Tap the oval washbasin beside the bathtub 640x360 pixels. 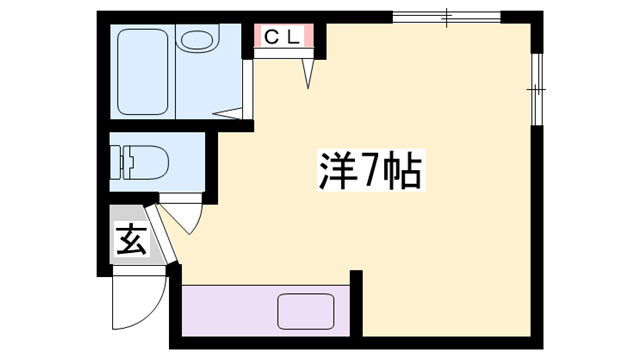click(197, 42)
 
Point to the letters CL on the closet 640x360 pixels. click(283, 38)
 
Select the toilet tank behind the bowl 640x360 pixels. click(118, 160)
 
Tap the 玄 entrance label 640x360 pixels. click(130, 240)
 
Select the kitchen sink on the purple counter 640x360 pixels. click(306, 310)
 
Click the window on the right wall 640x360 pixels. click(537, 90)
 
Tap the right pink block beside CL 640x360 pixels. click(311, 38)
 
